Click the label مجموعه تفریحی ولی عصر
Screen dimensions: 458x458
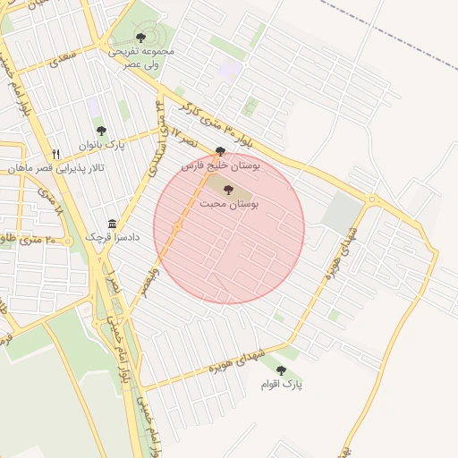(141, 58)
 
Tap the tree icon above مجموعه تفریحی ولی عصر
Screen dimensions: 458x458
(140, 37)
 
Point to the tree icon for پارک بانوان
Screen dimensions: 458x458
(100, 131)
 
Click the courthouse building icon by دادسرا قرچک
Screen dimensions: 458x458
(112, 224)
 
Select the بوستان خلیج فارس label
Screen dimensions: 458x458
(220, 165)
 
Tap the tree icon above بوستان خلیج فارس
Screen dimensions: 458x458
(221, 151)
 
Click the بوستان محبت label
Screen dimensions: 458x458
(231, 204)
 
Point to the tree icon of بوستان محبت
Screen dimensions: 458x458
(227, 190)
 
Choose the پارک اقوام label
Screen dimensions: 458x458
(282, 385)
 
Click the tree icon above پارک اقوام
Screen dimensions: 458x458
(281, 370)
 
